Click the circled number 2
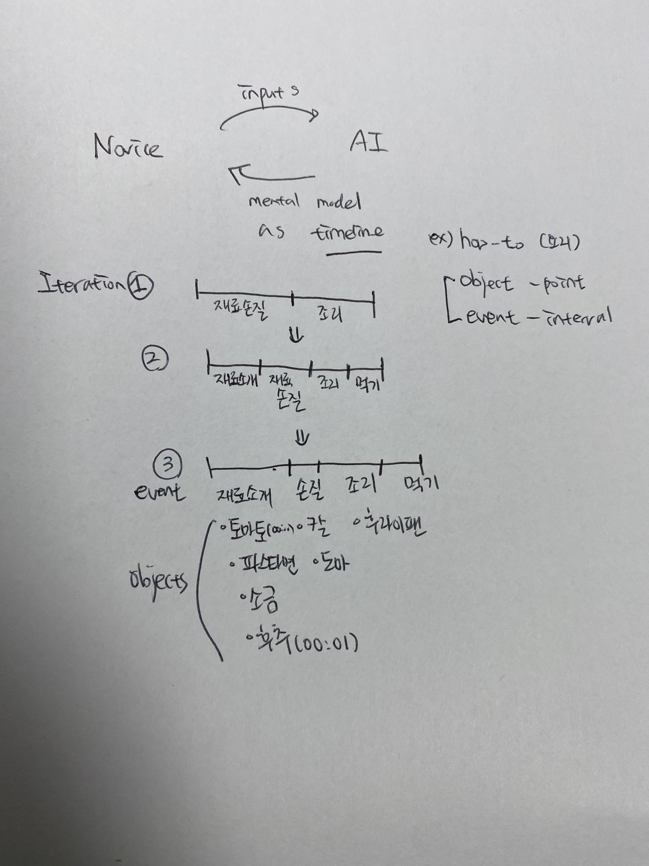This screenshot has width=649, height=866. pos(155,359)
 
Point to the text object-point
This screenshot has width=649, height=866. pos(522,284)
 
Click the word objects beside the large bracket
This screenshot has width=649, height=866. pos(158,582)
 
